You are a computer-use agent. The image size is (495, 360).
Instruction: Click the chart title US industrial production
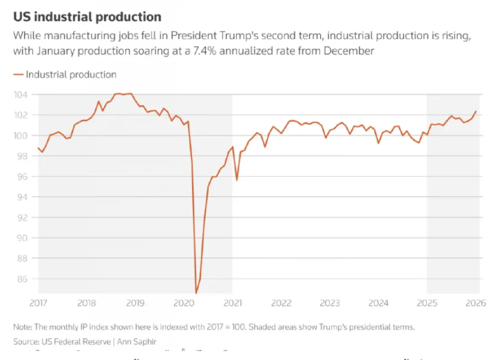[87, 17]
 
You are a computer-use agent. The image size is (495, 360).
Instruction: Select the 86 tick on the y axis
[23, 279]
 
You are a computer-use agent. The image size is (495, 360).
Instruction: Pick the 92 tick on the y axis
[23, 218]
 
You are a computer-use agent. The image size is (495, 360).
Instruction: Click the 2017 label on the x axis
[38, 304]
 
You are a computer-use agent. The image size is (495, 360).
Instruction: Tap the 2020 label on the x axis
[184, 304]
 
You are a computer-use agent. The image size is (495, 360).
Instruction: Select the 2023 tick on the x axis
[329, 304]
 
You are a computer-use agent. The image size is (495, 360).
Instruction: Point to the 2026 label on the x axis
[475, 304]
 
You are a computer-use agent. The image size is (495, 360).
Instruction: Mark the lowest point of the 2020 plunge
[196, 293]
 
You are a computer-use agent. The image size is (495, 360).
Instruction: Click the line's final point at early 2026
[476, 112]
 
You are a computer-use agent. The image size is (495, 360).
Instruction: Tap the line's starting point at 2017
[39, 147]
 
